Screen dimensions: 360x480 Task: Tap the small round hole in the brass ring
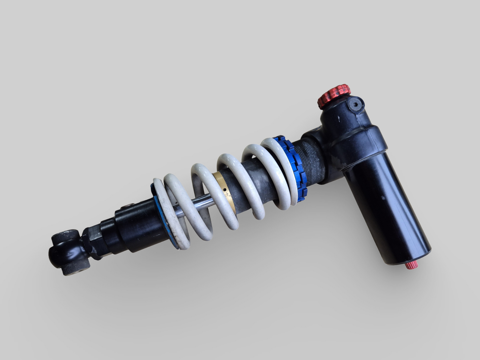225,191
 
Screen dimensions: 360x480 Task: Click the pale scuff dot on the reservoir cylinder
383,198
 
